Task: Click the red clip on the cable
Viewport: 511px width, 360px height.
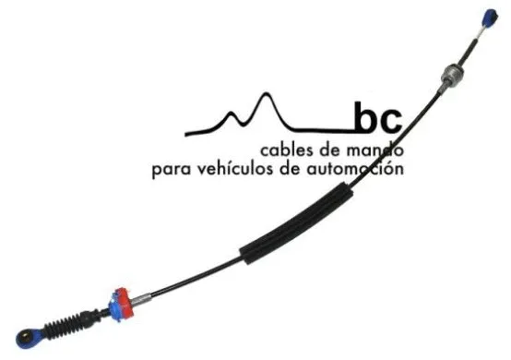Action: click(x=120, y=301)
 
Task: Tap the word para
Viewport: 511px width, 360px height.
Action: click(x=172, y=171)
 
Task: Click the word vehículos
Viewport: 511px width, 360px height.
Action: click(x=243, y=169)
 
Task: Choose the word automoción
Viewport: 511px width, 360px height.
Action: click(x=360, y=169)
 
